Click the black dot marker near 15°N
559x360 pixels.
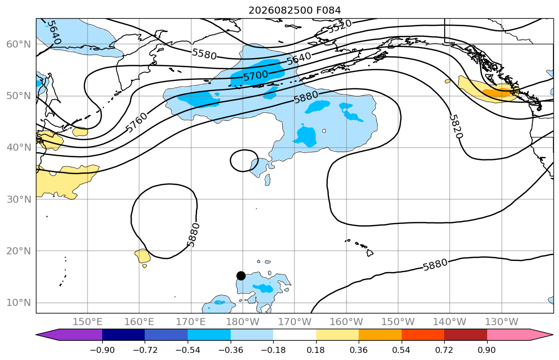coord(241,276)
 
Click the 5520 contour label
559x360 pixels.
coord(340,26)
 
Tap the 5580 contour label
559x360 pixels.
coord(204,54)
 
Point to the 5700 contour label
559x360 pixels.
coord(255,75)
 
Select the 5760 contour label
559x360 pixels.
coord(137,122)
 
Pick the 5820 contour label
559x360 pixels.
coord(456,126)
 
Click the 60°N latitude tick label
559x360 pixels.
coord(19,44)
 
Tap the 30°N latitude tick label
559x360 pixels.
coord(19,199)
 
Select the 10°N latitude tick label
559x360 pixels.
coord(19,303)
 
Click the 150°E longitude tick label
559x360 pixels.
coord(88,322)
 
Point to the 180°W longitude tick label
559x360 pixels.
coord(243,322)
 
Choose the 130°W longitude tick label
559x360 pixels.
coord(502,322)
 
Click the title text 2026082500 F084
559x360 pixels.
coord(294,10)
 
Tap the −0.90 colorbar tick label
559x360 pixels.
coord(102,350)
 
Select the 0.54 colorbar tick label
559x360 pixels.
coord(402,350)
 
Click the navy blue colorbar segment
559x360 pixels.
coord(123,335)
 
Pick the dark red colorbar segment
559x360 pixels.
coord(465,335)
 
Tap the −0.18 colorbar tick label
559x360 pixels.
coord(274,350)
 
